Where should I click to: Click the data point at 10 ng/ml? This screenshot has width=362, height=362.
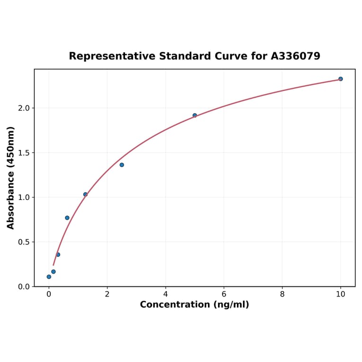[x=340, y=79]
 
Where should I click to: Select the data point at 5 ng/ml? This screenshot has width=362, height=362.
[x=195, y=115]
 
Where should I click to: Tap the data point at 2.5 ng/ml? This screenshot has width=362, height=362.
[x=122, y=165]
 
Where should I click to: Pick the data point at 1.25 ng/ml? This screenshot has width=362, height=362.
[x=85, y=194]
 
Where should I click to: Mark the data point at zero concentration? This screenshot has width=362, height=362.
[x=49, y=277]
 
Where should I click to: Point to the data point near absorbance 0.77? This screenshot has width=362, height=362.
[x=67, y=218]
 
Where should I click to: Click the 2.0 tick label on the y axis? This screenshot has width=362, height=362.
[x=23, y=108]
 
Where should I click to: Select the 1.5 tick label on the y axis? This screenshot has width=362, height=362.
[x=23, y=153]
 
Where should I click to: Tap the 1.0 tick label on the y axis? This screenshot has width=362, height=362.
[x=23, y=197]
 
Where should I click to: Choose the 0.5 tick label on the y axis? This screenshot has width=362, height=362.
[x=23, y=242]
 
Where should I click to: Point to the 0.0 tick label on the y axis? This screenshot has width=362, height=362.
[x=23, y=287]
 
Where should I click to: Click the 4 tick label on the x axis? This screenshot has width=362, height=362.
[x=165, y=294]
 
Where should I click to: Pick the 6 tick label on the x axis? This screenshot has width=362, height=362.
[x=224, y=294]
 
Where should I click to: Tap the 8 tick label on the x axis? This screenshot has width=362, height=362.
[x=282, y=294]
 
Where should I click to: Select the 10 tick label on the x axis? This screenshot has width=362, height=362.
[x=340, y=294]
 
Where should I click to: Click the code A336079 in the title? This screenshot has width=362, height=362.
[x=296, y=56]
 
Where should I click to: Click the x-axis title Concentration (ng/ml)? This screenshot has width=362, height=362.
[x=194, y=305]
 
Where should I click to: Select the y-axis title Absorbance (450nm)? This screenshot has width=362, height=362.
[x=11, y=178]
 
